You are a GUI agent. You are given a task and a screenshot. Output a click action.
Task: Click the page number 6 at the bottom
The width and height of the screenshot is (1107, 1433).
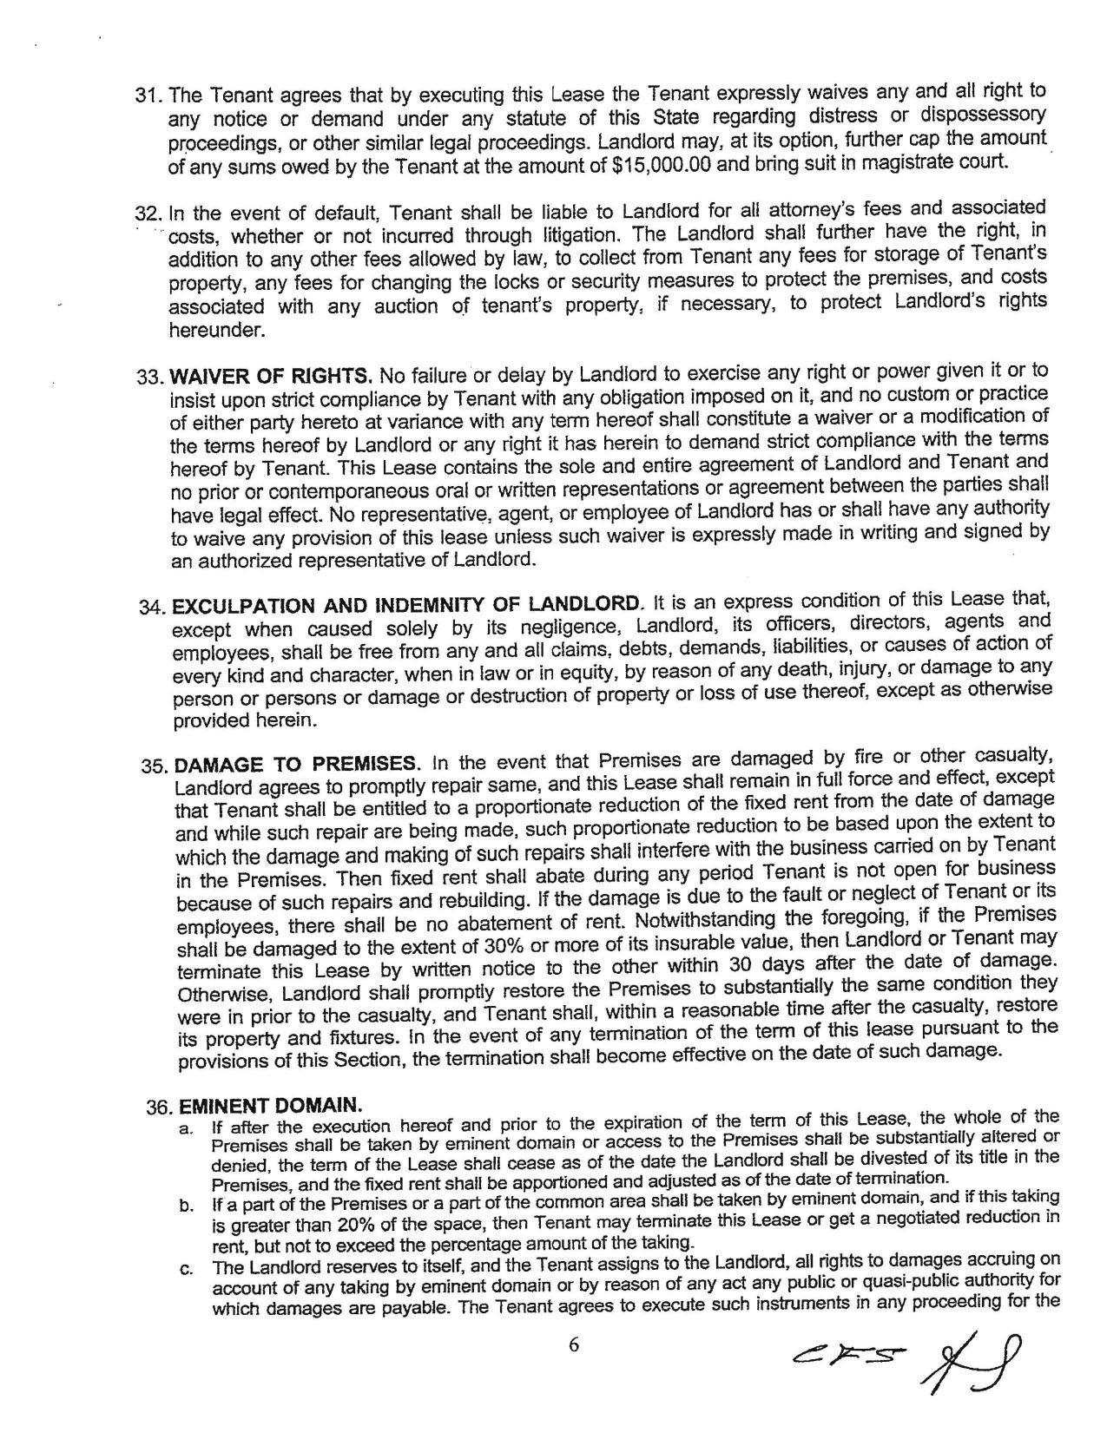[573, 1345]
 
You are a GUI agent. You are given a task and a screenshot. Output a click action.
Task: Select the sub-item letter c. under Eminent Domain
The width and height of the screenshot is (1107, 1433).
[187, 1269]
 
